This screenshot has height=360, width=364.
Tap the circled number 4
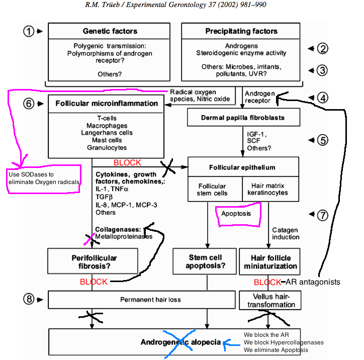322,97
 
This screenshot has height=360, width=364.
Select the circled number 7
322,215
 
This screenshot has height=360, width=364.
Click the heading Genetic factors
110,31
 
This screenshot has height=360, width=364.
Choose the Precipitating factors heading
241,31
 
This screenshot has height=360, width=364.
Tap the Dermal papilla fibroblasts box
243,118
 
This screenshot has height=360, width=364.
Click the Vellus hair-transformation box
270,300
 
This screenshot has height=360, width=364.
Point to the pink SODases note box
44,177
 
